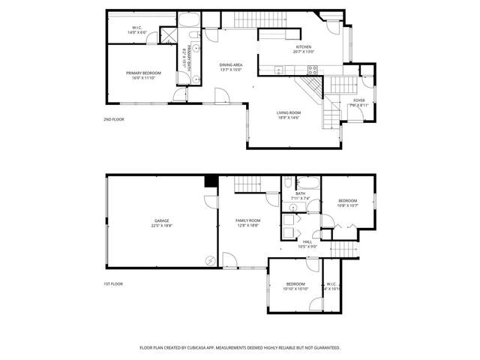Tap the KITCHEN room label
[x=303, y=47]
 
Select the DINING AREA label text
[x=231, y=65]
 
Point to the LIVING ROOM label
[x=288, y=112]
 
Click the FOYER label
[x=359, y=100]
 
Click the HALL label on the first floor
[x=307, y=241]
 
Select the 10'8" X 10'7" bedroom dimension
[x=347, y=205]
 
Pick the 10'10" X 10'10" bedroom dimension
[x=295, y=289]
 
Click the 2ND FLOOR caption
[x=113, y=120]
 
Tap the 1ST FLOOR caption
[x=113, y=283]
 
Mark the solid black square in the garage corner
[x=211, y=181]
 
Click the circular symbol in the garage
[x=211, y=260]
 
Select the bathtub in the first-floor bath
[x=308, y=182]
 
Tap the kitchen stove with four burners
[x=313, y=70]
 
